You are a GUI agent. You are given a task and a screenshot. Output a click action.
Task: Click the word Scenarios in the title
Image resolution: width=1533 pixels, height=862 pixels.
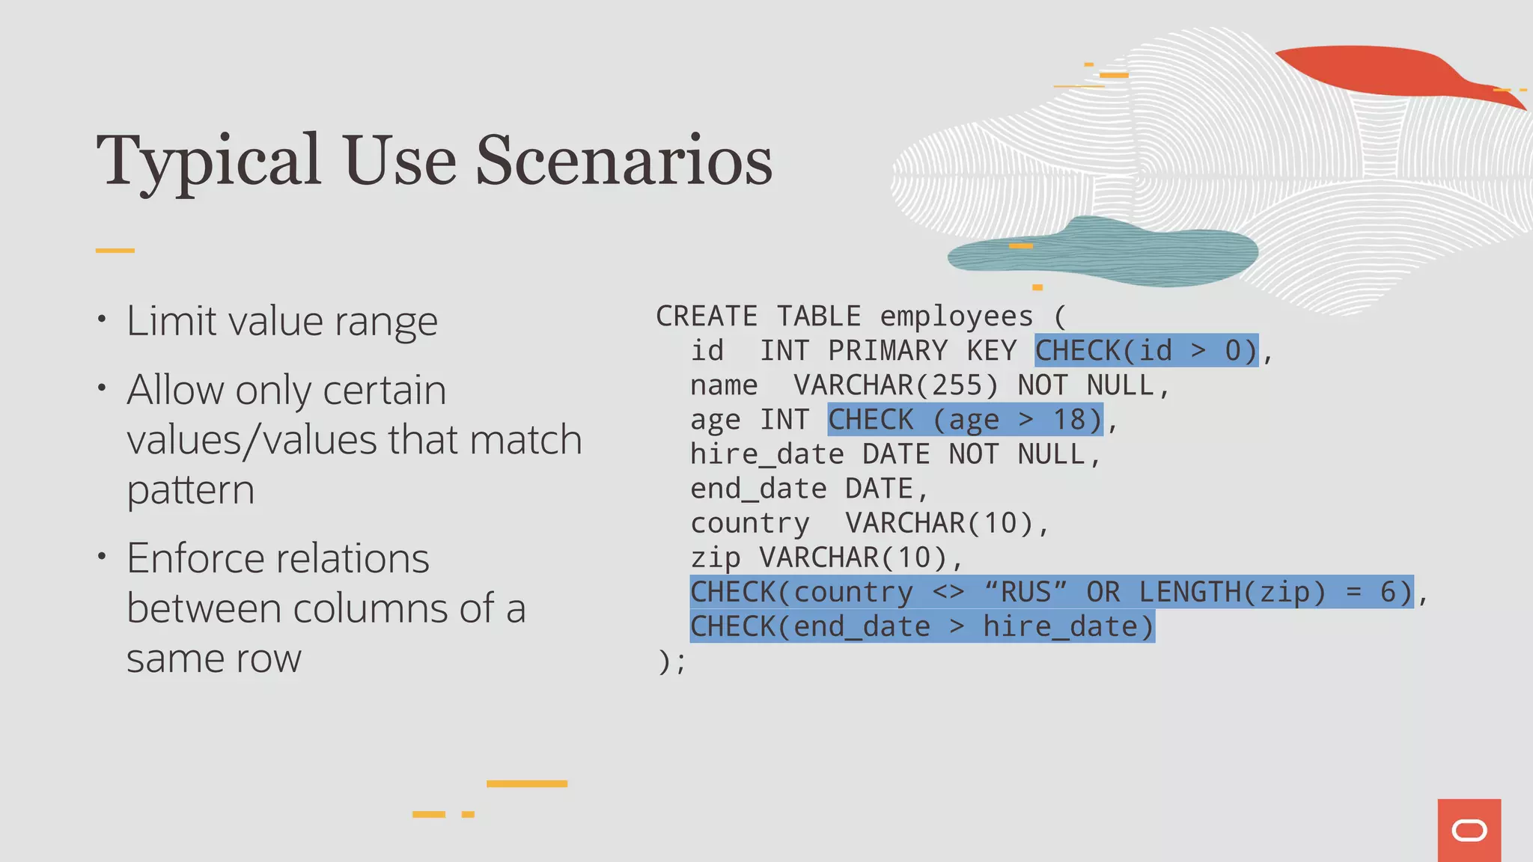(624, 160)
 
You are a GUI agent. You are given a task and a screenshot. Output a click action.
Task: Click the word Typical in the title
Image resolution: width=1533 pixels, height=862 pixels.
(209, 162)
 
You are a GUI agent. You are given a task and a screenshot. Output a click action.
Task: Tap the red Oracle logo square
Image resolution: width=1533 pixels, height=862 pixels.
(1469, 830)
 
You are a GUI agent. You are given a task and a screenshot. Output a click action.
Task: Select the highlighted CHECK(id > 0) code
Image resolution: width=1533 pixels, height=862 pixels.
(1146, 350)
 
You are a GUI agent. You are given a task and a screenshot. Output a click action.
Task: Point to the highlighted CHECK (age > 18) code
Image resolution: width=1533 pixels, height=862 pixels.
(965, 420)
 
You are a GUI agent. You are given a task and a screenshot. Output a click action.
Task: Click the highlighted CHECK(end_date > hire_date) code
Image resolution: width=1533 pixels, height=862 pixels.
(922, 626)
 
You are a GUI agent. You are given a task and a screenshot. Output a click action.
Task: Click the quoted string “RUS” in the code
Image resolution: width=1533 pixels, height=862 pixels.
(1026, 592)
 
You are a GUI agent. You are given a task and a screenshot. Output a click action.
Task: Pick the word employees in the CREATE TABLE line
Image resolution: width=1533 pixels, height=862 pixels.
(956, 316)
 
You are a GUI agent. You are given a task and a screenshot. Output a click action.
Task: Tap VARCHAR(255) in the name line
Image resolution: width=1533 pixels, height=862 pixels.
(896, 385)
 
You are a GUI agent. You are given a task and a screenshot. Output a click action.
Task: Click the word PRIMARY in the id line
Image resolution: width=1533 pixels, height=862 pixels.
(888, 350)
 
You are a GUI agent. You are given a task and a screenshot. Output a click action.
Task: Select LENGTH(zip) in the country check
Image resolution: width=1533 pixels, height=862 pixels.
(1232, 592)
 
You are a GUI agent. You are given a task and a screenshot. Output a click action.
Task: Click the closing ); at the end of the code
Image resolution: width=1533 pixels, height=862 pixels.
(671, 661)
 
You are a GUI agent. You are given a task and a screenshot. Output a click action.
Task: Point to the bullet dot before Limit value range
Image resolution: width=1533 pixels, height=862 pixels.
(102, 320)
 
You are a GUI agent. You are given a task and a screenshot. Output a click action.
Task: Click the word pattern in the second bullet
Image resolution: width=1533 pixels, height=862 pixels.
(191, 490)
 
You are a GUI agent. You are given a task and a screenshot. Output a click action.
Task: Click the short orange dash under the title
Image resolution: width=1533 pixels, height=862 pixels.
(115, 251)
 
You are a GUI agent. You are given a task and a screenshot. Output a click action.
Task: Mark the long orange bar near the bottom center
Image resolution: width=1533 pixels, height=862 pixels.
(527, 783)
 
